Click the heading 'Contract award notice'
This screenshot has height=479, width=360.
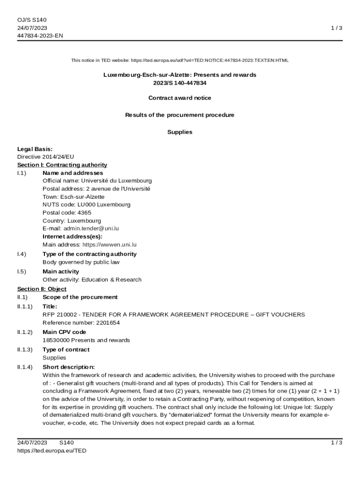point(180,98)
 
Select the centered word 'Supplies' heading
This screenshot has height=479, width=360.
point(180,132)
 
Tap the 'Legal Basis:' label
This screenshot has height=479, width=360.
point(35,149)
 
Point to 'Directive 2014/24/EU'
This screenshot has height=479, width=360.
point(45,157)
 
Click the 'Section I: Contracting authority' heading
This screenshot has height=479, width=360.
point(62,165)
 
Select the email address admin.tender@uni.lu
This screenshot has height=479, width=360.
point(91,228)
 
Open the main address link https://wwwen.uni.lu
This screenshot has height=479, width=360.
point(109,244)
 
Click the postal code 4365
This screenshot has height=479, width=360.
point(84,212)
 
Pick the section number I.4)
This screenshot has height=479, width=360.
point(22,254)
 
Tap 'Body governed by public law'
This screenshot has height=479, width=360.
point(81,262)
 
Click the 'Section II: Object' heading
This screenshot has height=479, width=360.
point(42,289)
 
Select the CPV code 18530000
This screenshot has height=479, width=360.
point(56,340)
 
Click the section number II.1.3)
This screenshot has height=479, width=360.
point(25,349)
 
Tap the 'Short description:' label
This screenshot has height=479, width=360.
point(68,367)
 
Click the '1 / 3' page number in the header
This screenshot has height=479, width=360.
point(337,28)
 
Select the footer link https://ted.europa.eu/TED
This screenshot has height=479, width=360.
point(52,450)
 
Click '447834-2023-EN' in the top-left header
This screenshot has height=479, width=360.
point(40,36)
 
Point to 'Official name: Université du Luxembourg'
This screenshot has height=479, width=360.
point(97,181)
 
